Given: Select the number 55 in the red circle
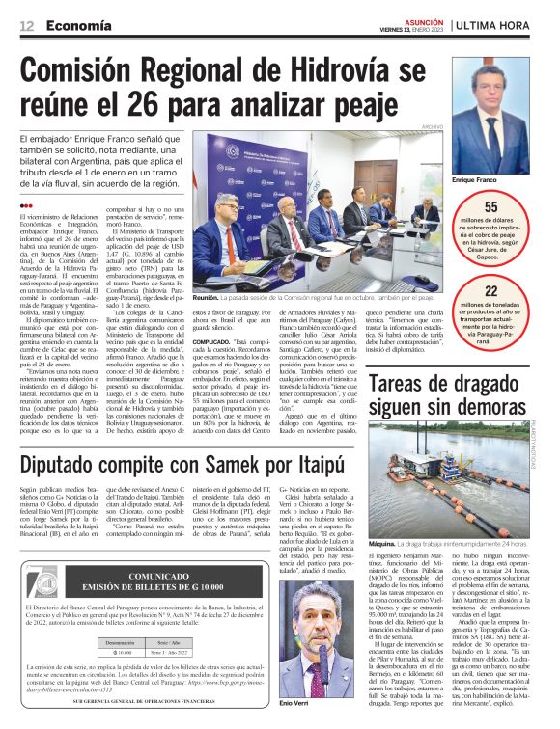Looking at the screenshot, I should coord(490,206).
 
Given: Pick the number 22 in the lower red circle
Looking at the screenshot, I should coord(490,290).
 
